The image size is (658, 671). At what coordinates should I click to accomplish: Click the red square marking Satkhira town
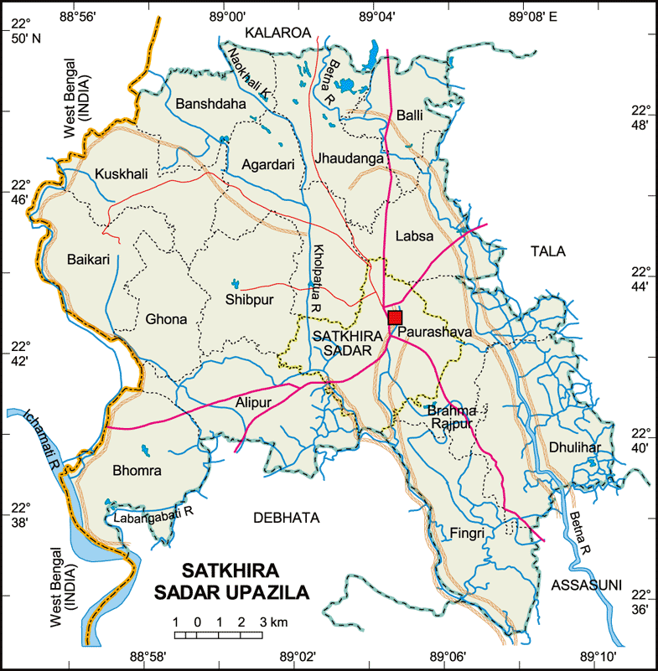(396, 317)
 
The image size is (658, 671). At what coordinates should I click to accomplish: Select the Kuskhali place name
(122, 173)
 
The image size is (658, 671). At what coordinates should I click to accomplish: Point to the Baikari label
(89, 260)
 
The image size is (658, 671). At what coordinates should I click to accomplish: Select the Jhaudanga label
(350, 157)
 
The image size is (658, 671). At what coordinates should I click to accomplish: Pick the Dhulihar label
(575, 447)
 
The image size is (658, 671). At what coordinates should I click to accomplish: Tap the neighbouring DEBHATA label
(286, 519)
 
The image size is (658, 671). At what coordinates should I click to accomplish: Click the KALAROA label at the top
(277, 32)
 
